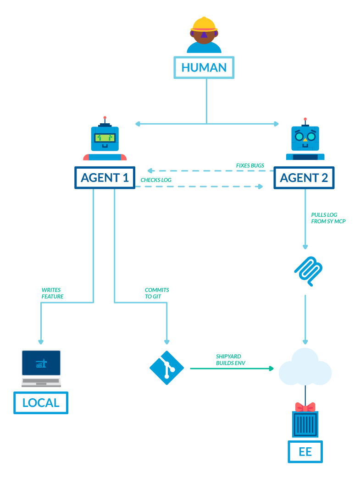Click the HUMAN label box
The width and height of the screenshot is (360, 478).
pos(204,68)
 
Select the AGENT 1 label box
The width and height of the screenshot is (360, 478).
pos(105,178)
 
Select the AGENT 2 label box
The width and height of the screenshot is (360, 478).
pos(304,178)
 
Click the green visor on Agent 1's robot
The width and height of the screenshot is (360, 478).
pos(105,137)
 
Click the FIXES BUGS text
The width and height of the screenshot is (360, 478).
pos(250,165)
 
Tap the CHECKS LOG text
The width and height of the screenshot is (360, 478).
pos(156,180)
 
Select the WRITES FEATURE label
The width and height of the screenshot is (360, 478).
pos(52,293)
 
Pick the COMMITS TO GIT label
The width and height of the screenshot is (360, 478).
pos(156,293)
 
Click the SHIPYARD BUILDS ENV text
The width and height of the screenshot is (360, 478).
pos(228,360)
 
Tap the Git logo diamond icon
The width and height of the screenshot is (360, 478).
pos(166,368)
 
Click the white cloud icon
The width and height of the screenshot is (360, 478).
pos(305,368)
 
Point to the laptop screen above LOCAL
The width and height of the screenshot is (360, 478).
pos(41,363)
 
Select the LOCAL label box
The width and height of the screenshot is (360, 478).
pos(41,403)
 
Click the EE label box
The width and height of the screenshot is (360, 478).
pos(305,452)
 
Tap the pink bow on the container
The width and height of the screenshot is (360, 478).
pos(305,407)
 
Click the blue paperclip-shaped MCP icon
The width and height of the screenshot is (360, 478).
pos(308,271)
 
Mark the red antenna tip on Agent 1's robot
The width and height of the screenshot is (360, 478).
pos(105,118)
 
